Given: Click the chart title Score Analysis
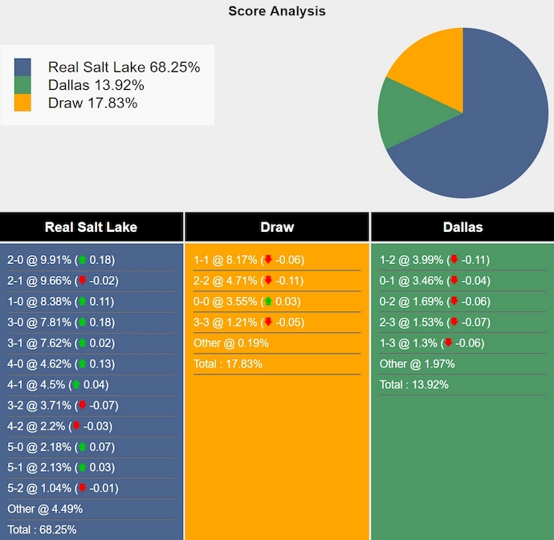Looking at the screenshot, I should click(x=276, y=11).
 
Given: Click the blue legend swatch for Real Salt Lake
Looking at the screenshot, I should click(x=22, y=67).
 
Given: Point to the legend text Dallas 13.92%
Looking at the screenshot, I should click(x=96, y=85).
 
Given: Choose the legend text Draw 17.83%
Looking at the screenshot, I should click(x=92, y=103).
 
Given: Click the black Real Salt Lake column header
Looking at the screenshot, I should click(x=91, y=227).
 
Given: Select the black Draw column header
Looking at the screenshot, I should click(x=277, y=227).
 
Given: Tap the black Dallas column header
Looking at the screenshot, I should click(x=462, y=227).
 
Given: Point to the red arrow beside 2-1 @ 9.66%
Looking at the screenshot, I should click(x=82, y=281).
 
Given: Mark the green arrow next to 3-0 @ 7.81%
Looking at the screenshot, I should click(x=82, y=323).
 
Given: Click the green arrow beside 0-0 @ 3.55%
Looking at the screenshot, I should click(x=268, y=302).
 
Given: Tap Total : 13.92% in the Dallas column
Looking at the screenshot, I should click(x=413, y=385).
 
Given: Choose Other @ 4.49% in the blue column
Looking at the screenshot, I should click(x=45, y=509).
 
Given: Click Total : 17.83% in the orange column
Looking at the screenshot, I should click(x=228, y=364).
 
